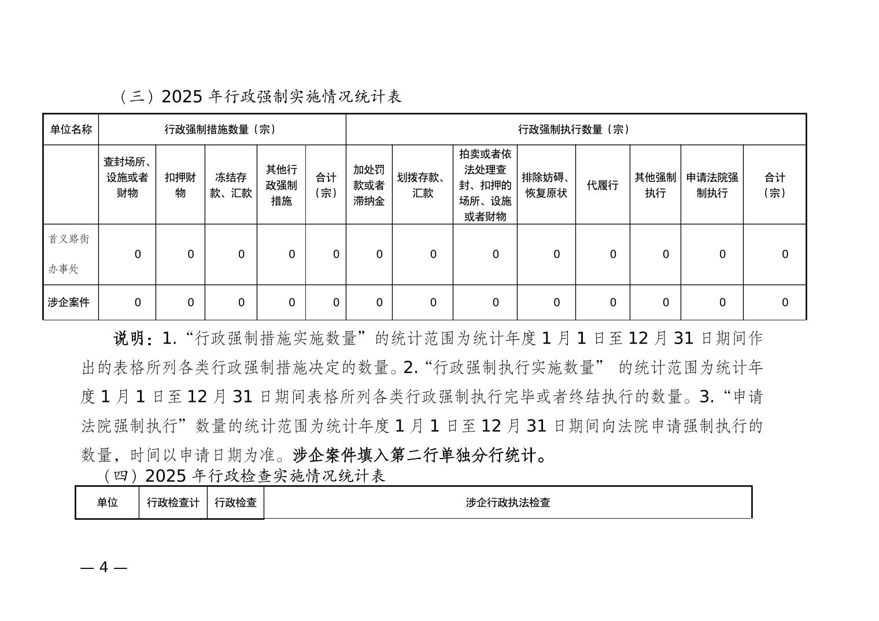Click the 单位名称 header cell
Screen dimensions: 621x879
click(x=71, y=130)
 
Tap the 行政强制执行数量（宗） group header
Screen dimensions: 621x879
click(x=575, y=130)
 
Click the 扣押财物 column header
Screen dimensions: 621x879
click(x=180, y=184)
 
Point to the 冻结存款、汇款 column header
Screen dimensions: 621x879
click(x=231, y=185)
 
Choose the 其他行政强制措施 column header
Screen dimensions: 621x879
click(x=282, y=185)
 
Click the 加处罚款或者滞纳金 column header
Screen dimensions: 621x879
click(x=369, y=185)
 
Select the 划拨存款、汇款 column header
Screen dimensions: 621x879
click(x=423, y=185)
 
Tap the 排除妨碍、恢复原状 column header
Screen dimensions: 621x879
click(x=546, y=185)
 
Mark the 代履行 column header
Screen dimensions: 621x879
click(x=603, y=185)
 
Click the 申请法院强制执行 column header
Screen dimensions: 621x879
click(x=712, y=185)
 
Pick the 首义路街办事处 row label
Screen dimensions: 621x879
click(x=69, y=254)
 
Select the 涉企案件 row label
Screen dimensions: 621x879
click(x=69, y=302)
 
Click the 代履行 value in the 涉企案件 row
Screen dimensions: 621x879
click(x=613, y=302)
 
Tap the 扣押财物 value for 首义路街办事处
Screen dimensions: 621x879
click(x=190, y=254)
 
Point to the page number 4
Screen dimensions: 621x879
click(x=104, y=567)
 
